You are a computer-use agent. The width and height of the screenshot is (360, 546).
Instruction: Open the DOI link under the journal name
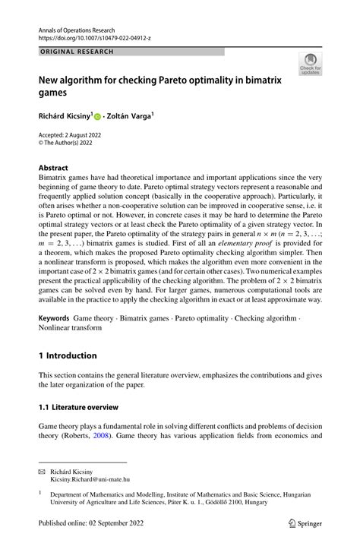[95, 35]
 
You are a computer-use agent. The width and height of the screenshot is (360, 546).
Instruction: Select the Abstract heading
[55, 167]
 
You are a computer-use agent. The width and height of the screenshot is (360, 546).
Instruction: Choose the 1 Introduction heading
[68, 355]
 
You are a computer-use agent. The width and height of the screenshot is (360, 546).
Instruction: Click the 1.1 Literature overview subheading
[77, 407]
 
